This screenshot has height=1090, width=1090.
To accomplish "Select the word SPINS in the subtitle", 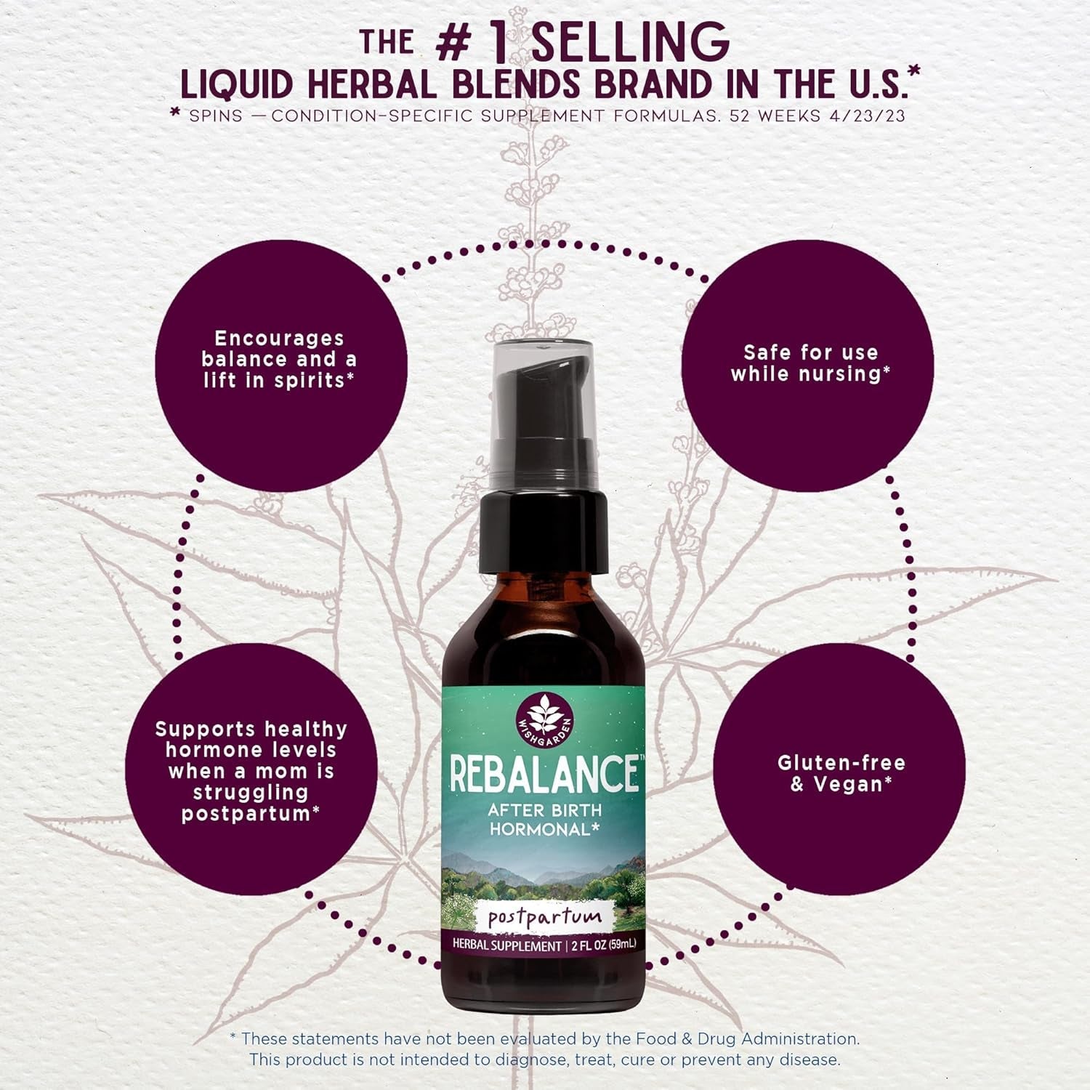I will (x=216, y=116).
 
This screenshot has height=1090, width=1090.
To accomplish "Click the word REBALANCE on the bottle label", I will (x=544, y=774).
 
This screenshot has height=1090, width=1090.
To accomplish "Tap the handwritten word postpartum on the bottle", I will (x=544, y=917).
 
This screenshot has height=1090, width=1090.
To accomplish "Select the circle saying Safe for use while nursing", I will (x=807, y=364).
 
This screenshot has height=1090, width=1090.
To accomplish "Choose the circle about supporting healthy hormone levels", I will (x=251, y=770).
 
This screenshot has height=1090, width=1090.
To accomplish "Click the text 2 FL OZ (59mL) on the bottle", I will (x=602, y=945).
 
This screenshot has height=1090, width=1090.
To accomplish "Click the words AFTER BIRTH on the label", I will (x=544, y=810).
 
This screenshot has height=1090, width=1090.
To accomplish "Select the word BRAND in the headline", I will (x=656, y=85).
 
